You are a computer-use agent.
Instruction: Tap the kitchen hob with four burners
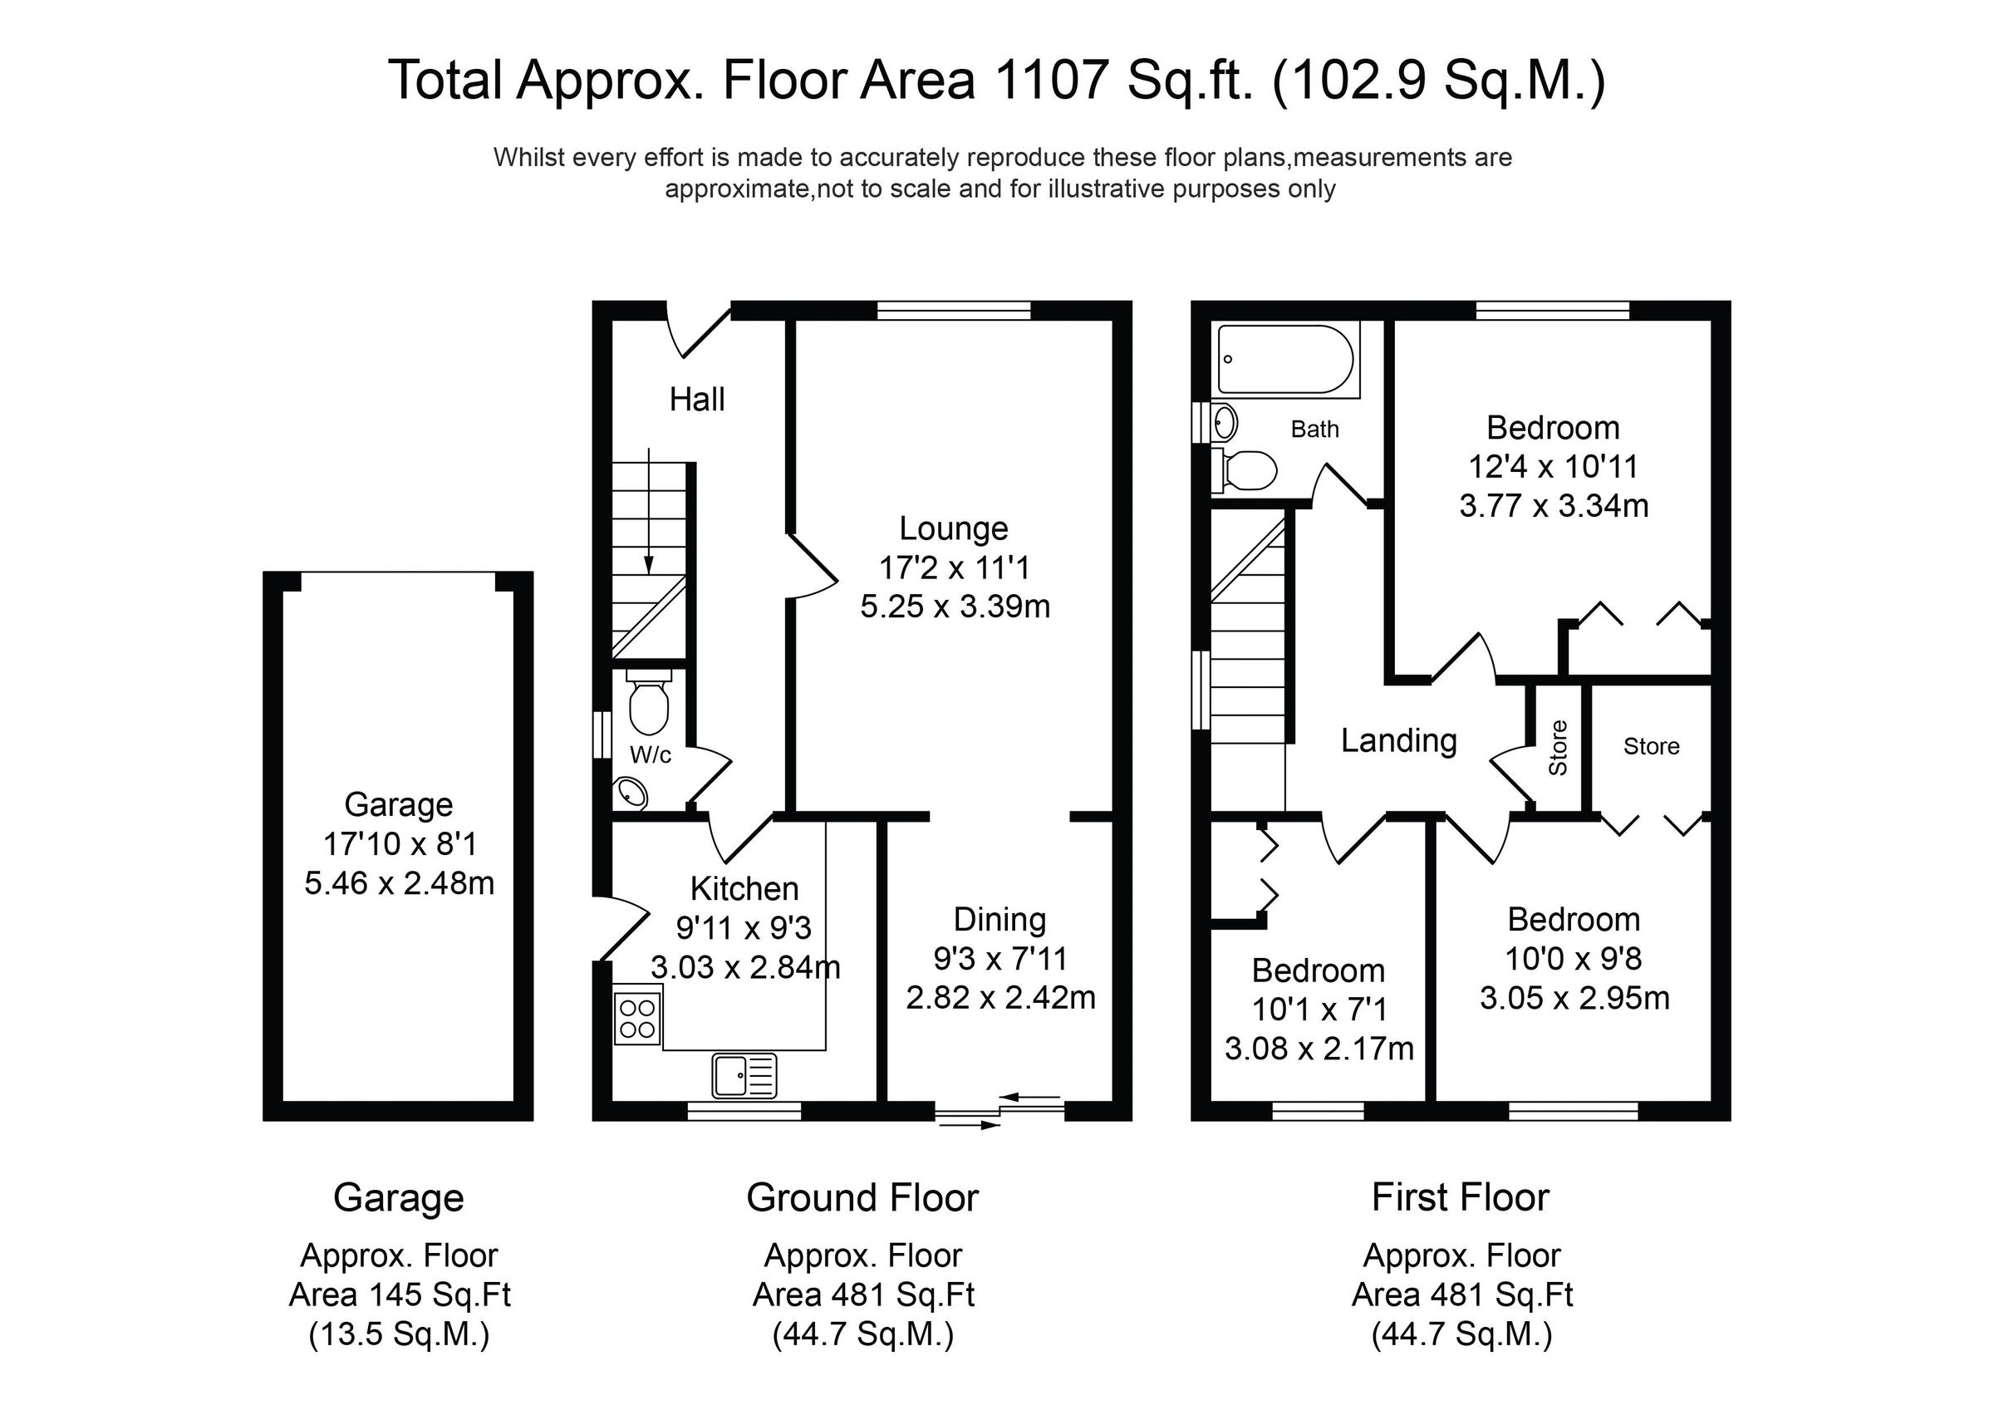click(636, 1018)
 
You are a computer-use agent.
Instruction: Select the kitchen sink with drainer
click(744, 1075)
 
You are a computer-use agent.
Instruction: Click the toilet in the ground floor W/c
click(648, 705)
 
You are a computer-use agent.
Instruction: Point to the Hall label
click(696, 400)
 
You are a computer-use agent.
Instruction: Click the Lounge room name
click(954, 528)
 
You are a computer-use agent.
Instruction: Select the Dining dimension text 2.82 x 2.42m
click(1000, 997)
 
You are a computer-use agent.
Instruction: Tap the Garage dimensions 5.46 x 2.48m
click(399, 882)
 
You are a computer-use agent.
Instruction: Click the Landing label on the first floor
click(1398, 740)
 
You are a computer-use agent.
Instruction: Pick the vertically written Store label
click(1558, 748)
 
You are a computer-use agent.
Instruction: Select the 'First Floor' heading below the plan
click(1460, 1197)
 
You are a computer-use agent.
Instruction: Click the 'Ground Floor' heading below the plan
click(862, 1197)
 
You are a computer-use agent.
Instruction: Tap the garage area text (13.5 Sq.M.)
click(399, 1334)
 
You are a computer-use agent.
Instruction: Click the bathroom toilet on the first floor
click(1249, 470)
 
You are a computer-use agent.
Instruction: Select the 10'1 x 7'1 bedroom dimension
click(1319, 1010)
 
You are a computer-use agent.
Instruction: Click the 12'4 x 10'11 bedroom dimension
click(1553, 466)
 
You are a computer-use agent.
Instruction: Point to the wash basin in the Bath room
click(1225, 423)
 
